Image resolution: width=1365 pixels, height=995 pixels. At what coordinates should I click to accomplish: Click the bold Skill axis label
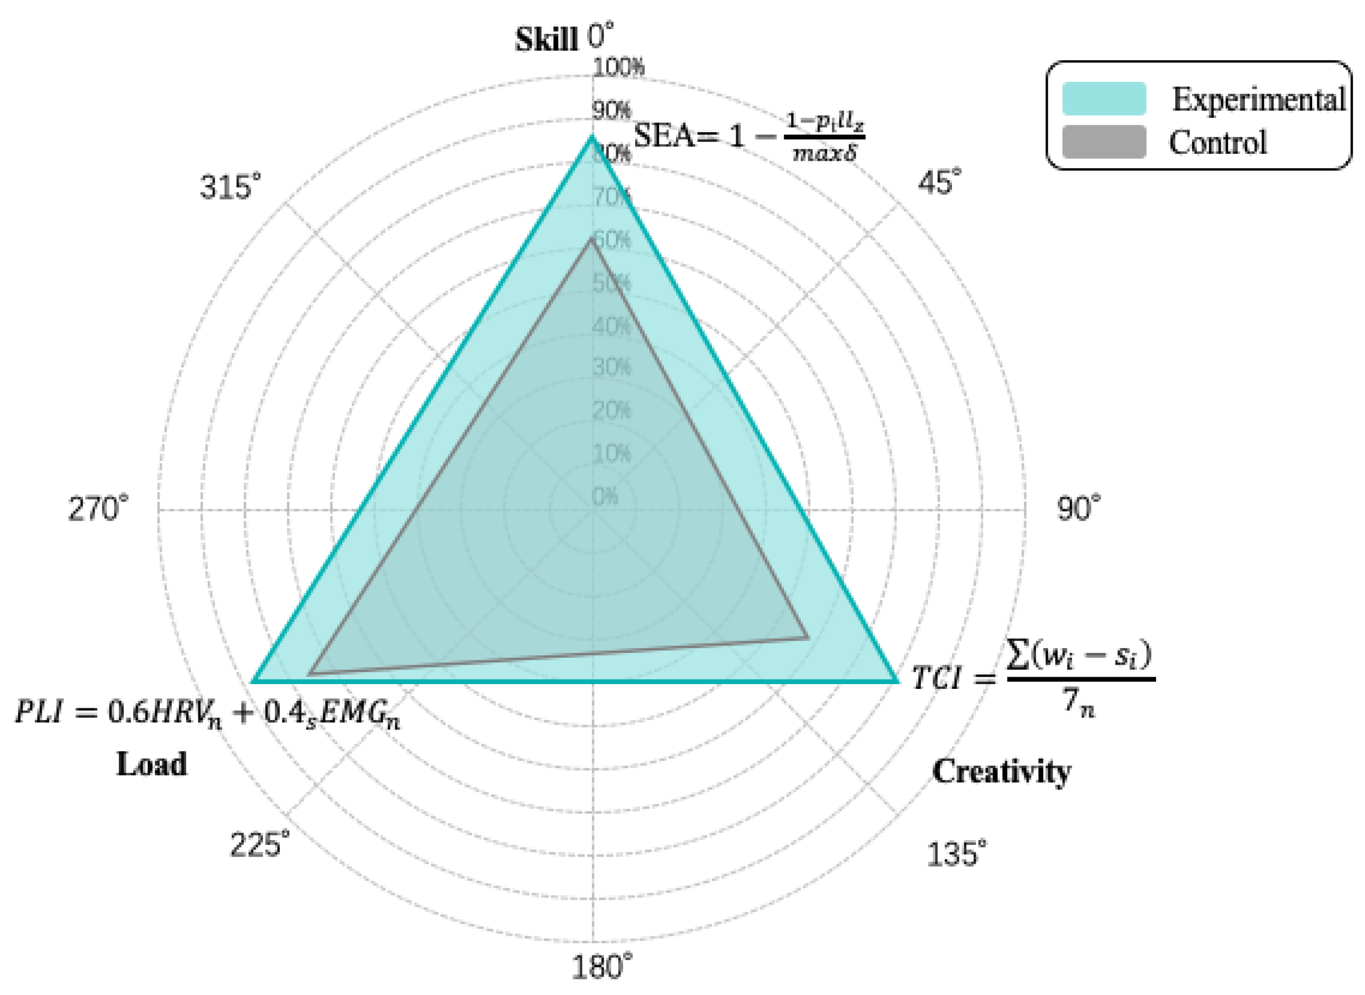pos(546,40)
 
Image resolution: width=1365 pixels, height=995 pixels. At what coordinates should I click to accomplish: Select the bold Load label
pos(151,764)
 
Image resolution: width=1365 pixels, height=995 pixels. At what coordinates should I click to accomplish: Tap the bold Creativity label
pos(1001,771)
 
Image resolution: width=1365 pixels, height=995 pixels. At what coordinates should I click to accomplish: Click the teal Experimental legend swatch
pos(1104,99)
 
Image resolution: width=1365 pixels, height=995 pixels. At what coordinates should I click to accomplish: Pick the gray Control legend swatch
pos(1104,142)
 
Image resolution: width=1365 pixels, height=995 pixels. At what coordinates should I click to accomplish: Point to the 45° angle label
pos(939,181)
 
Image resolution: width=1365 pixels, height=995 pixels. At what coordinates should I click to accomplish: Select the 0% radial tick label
pos(605,496)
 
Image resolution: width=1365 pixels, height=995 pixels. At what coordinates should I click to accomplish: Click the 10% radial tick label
pos(611,453)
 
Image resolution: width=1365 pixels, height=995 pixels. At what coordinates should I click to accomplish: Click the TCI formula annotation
pos(1032,679)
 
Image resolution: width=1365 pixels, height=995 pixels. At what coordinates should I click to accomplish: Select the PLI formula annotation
pos(208,713)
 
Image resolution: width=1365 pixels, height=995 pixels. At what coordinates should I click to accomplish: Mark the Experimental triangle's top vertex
pos(592,137)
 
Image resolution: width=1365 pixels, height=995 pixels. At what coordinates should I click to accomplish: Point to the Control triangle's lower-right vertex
pos(808,637)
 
